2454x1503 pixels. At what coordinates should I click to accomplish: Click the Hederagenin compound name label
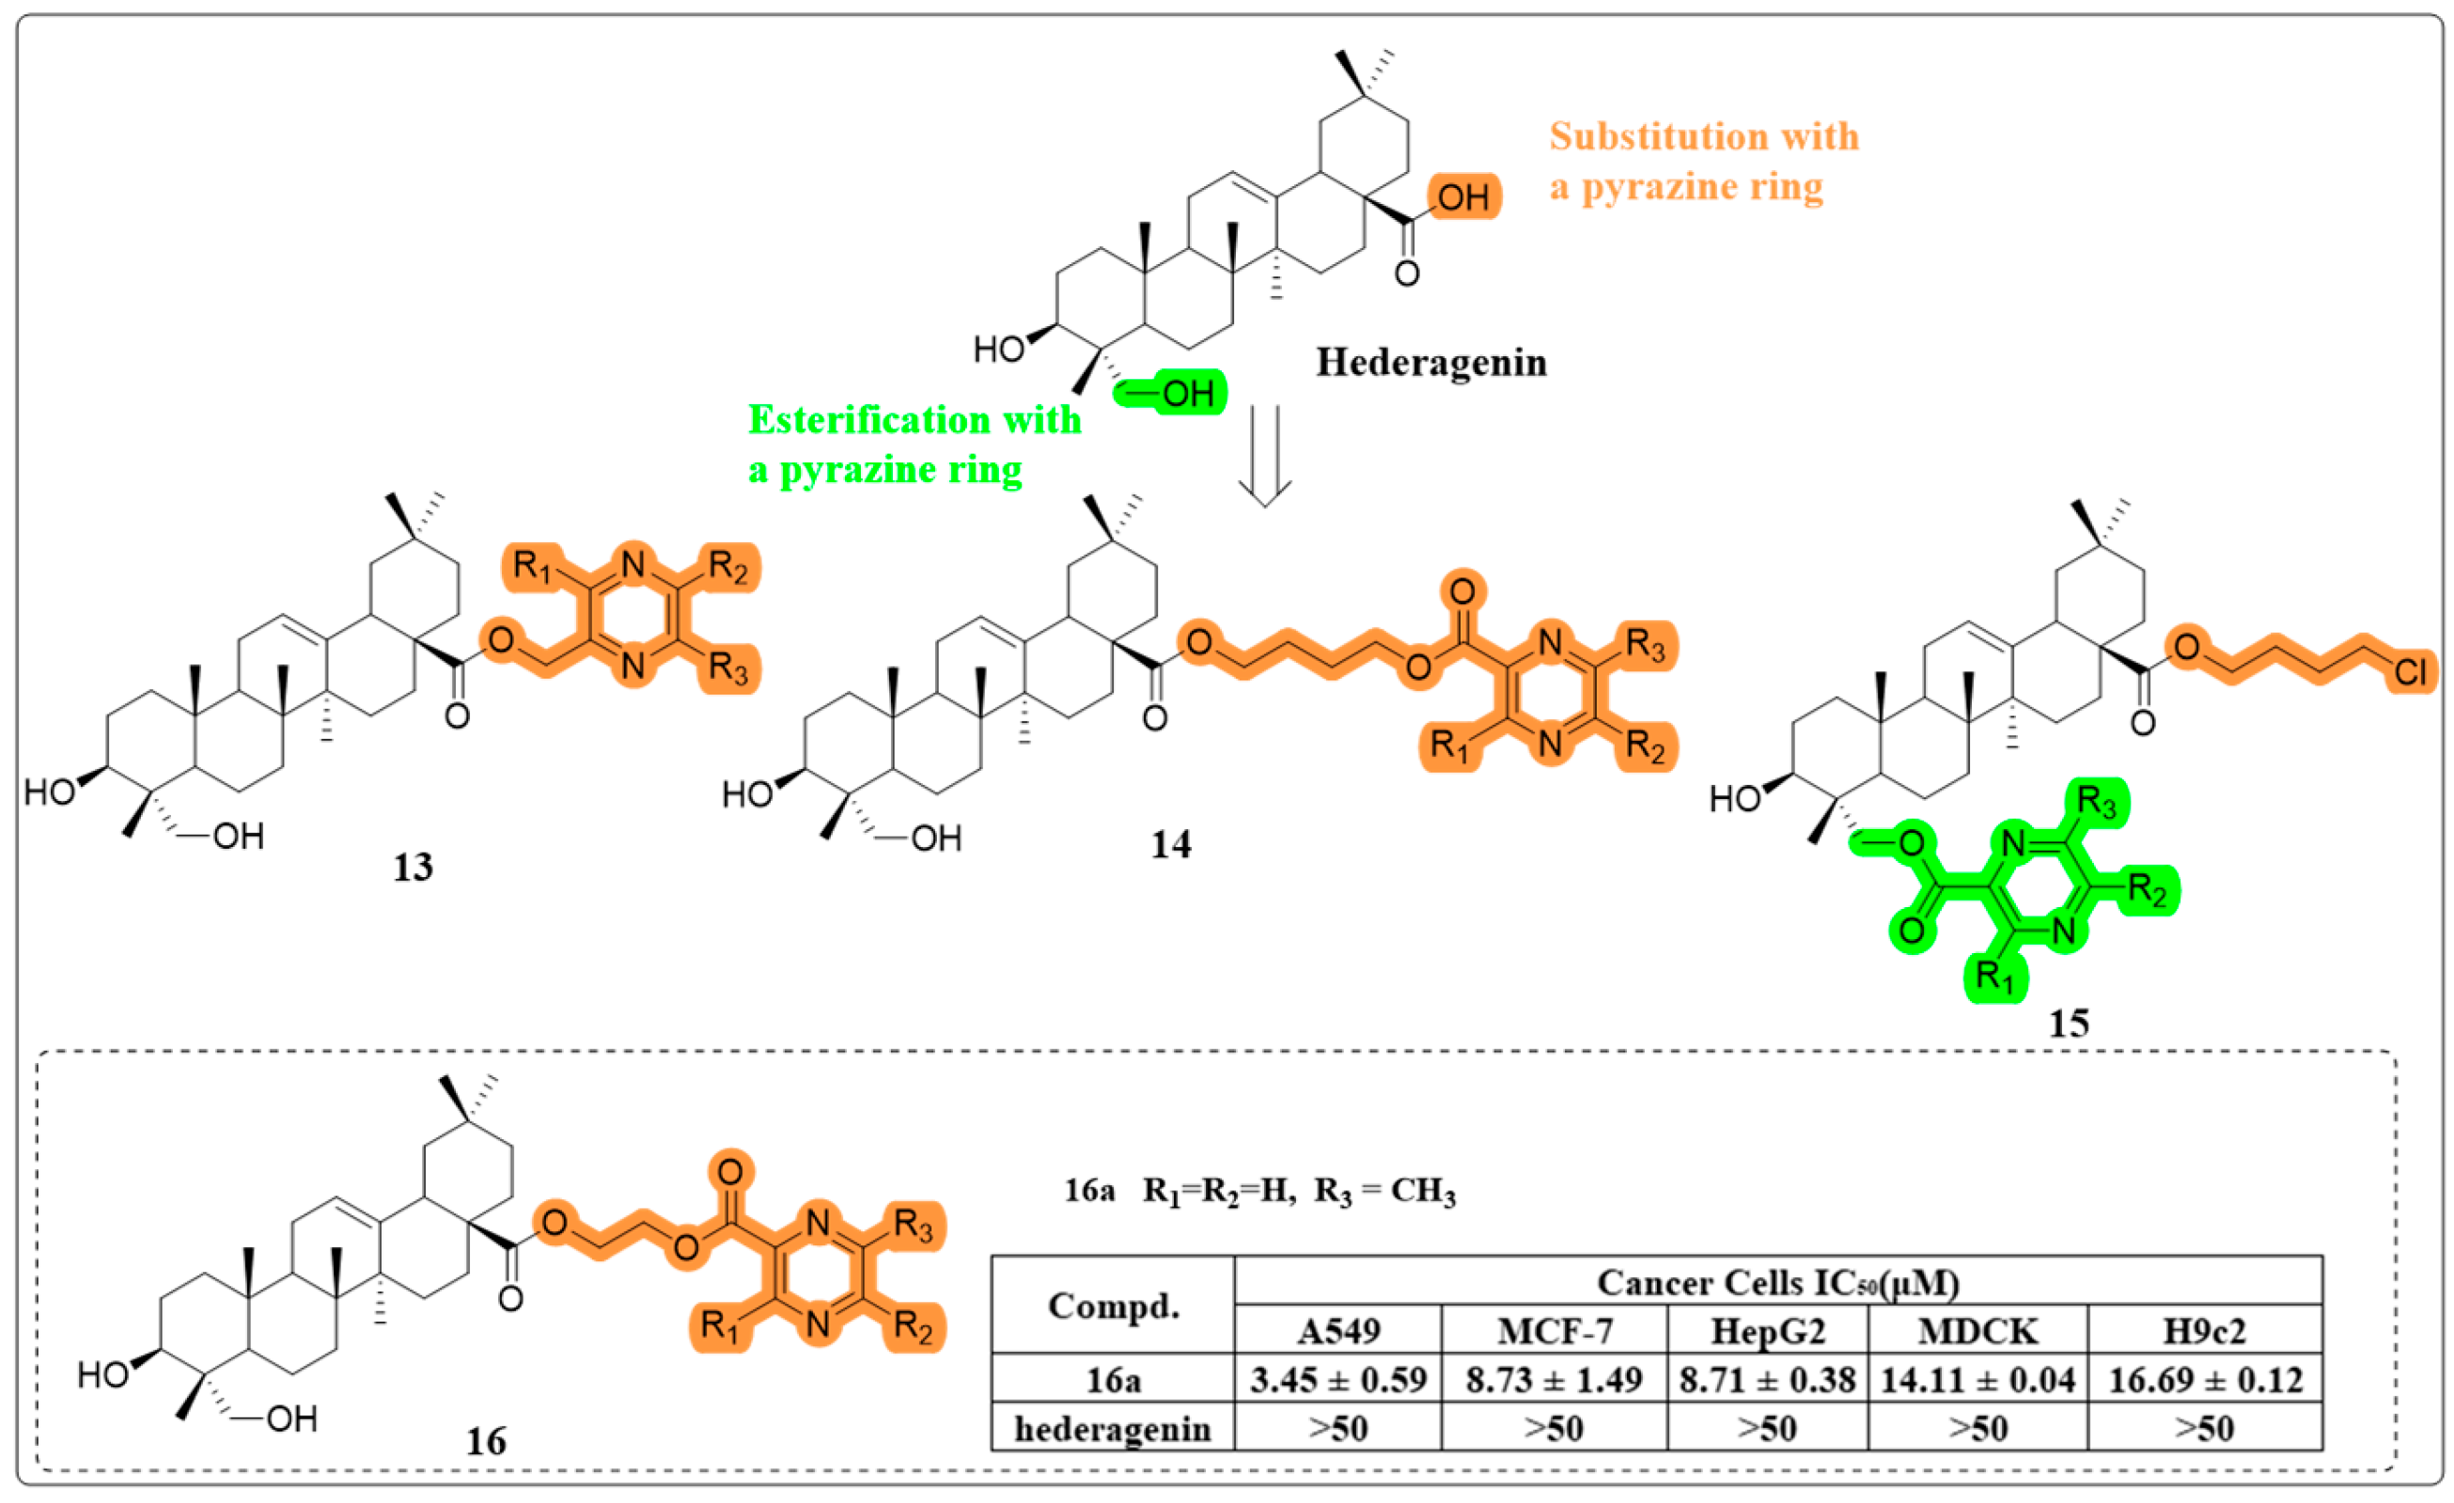click(1431, 363)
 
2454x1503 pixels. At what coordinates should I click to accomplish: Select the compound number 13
click(414, 868)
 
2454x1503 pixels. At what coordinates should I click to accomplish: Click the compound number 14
click(1171, 845)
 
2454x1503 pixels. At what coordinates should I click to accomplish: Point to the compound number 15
click(2069, 1023)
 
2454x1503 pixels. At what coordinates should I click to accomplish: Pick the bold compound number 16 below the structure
click(486, 1441)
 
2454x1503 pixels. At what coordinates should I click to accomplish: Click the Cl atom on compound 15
click(2411, 673)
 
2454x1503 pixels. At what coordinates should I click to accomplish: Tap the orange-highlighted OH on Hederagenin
click(1463, 197)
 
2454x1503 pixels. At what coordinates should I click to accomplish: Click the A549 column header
click(1338, 1332)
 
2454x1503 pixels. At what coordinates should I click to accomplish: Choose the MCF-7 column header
click(1554, 1332)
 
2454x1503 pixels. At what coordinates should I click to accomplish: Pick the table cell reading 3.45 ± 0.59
click(1338, 1381)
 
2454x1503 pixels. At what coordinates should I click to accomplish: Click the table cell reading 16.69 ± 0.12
click(2205, 1381)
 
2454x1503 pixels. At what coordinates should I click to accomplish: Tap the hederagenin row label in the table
click(1113, 1430)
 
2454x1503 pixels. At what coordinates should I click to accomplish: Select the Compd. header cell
click(1113, 1306)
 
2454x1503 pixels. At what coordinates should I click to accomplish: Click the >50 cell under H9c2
click(2205, 1430)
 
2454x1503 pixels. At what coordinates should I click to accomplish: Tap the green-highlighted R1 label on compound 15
click(1994, 975)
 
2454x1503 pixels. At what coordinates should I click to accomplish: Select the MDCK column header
click(1977, 1332)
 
